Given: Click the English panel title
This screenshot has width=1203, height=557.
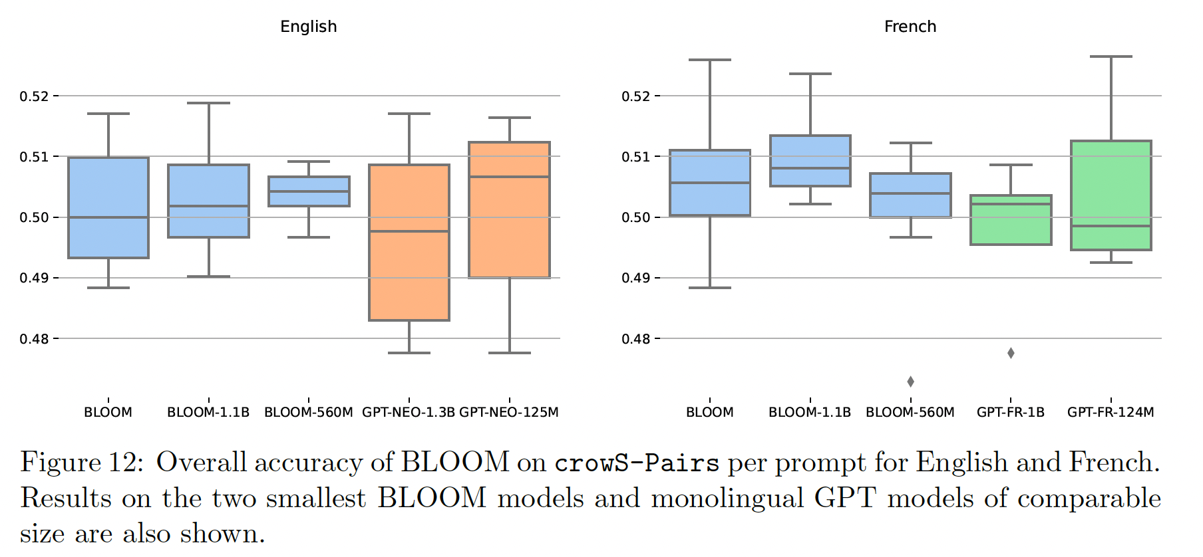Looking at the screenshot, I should [x=308, y=27].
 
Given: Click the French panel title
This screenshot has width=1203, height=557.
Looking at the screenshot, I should [x=910, y=27].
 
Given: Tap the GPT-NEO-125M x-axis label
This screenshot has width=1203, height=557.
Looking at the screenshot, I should [x=509, y=412].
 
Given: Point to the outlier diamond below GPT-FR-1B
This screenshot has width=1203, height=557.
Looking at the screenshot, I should [x=1011, y=353].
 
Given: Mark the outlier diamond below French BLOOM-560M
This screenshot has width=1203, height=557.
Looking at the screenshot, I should [x=910, y=382].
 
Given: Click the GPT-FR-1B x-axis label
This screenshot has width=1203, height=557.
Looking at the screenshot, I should [x=1010, y=412].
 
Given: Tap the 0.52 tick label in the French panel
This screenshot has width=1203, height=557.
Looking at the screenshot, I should [x=635, y=96].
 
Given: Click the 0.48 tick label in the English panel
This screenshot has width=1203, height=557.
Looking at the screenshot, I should [x=34, y=339].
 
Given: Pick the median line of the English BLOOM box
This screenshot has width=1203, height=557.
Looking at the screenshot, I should [x=108, y=217].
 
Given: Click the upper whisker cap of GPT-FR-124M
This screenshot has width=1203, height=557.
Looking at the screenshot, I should [x=1111, y=56].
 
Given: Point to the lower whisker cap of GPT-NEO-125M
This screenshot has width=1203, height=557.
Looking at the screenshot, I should [x=509, y=353].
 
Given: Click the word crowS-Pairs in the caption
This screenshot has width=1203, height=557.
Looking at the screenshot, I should [x=637, y=463].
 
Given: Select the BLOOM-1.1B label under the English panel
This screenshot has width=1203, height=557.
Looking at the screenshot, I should [x=208, y=412].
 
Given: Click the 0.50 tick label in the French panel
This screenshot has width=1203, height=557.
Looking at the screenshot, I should [x=635, y=217].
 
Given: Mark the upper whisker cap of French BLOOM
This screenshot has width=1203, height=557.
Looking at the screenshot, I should [x=709, y=60].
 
